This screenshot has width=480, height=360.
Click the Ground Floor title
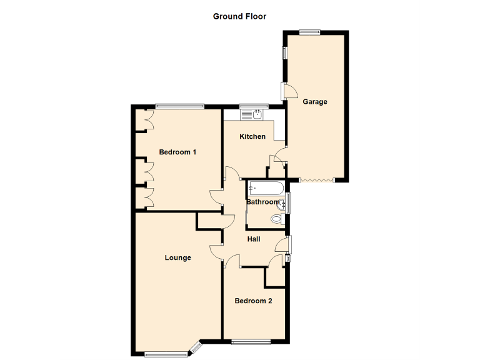239,16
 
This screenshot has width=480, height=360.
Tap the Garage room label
315,102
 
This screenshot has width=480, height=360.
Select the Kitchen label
253,136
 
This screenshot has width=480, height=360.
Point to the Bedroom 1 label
178,152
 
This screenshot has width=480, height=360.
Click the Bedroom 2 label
253,301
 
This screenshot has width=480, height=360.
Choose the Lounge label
178,257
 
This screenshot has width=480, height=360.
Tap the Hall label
254,239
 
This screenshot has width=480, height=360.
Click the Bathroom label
262,202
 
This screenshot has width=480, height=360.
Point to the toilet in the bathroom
276,219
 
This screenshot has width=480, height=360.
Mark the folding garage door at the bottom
316,181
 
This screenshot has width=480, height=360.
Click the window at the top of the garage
309,32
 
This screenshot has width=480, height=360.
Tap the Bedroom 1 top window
179,106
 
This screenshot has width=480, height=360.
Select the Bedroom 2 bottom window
251,341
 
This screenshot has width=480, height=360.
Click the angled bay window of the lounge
196,347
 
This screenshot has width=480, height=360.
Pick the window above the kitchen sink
254,106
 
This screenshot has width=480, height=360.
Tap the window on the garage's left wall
284,52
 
